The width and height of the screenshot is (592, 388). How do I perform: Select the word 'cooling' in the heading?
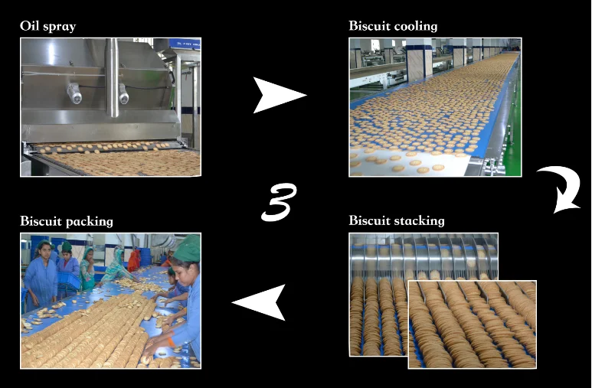click(x=415, y=26)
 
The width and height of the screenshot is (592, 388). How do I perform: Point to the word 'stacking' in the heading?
click(x=419, y=221)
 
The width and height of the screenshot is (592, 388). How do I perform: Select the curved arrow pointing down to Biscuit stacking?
click(x=558, y=188)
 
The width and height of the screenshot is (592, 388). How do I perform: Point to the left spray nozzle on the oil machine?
click(x=74, y=93)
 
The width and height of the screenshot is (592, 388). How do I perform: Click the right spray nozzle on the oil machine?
click(x=123, y=93)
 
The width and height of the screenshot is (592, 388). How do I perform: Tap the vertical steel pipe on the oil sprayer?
click(x=113, y=77)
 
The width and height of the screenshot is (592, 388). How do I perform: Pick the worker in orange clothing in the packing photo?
click(x=135, y=260)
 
